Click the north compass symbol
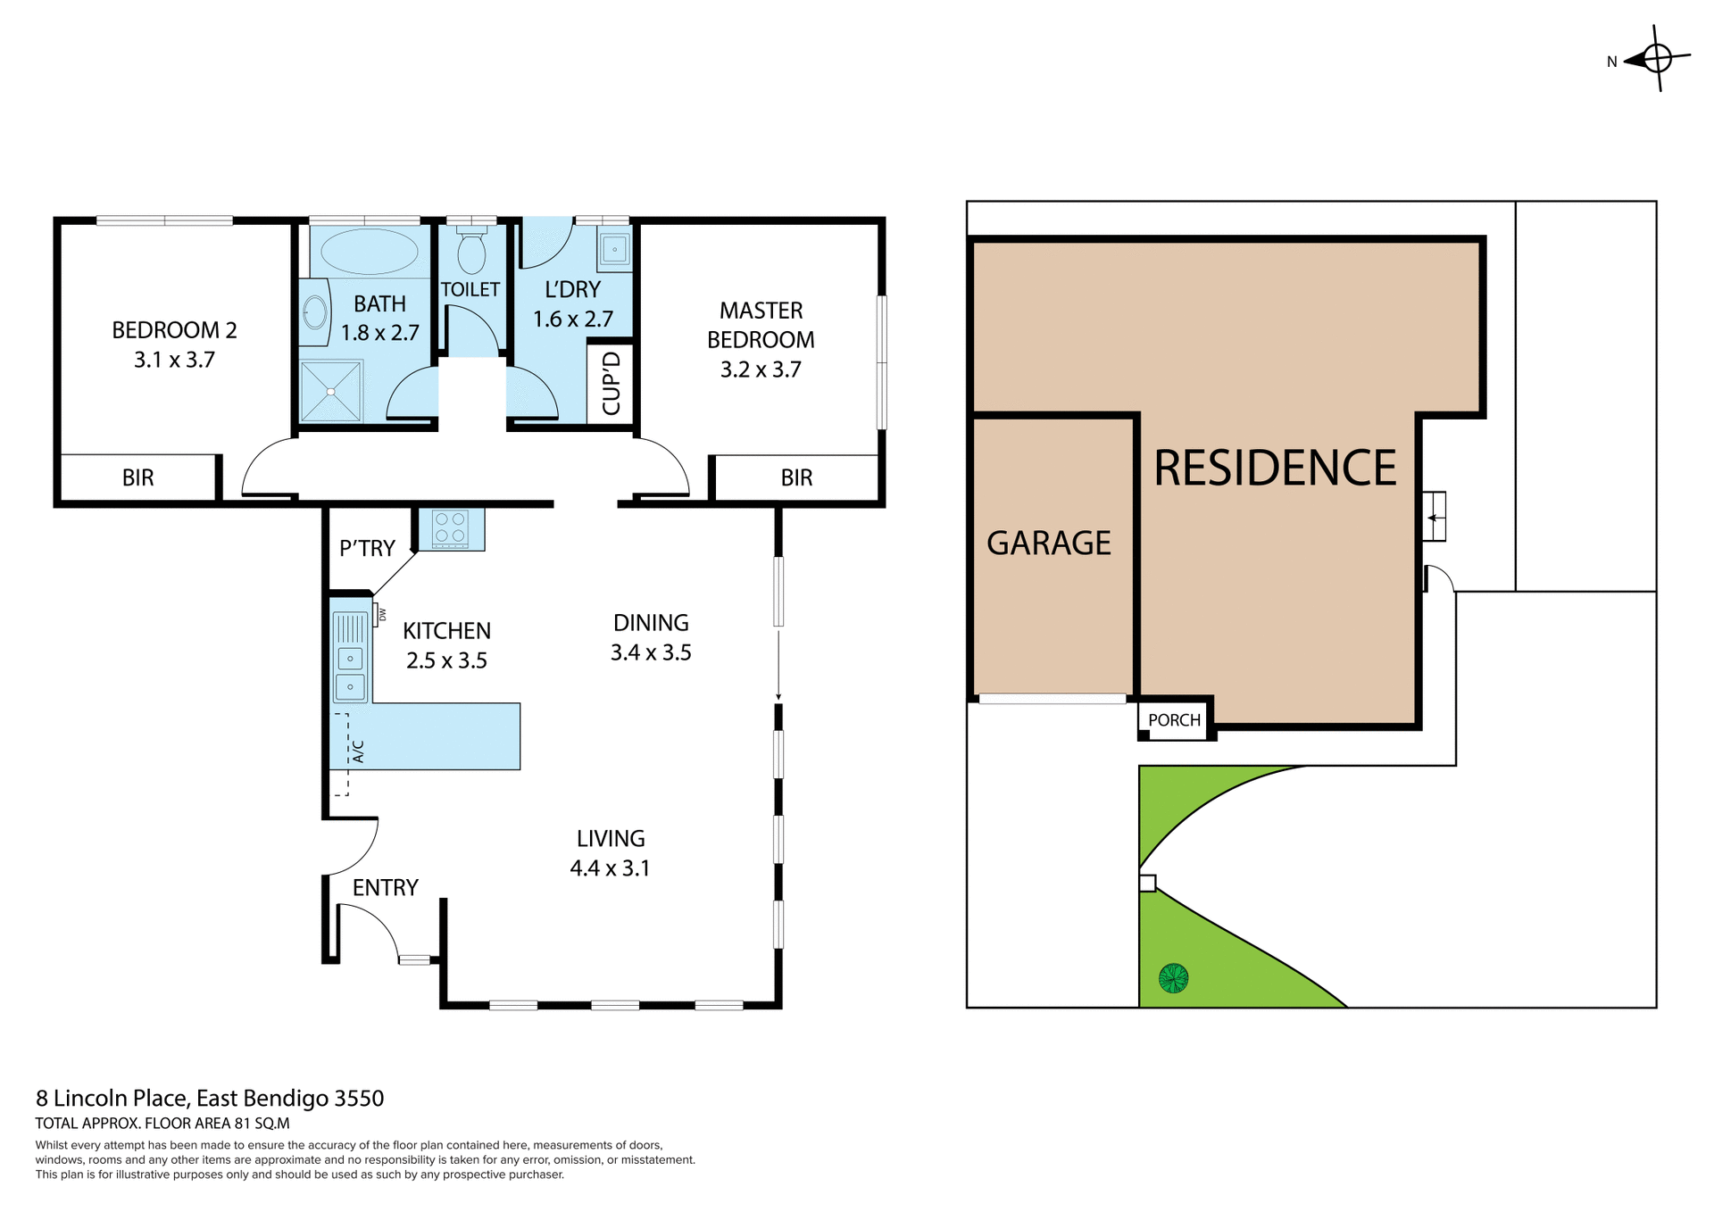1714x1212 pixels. (x=1656, y=59)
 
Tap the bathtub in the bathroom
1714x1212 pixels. (x=369, y=251)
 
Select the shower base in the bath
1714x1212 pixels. (x=331, y=391)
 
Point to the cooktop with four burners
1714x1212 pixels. (x=450, y=527)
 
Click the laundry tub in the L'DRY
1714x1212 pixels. (x=615, y=249)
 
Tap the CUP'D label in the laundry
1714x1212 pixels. (x=612, y=383)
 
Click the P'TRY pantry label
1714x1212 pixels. (x=367, y=548)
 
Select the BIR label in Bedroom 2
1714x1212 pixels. (x=138, y=477)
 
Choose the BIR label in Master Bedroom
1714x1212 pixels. (x=796, y=477)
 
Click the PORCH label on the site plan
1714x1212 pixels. (x=1174, y=720)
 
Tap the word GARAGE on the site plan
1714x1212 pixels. (x=1049, y=543)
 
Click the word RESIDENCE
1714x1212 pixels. (x=1275, y=468)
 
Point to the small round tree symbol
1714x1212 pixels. (x=1173, y=978)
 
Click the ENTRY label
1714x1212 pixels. (x=385, y=887)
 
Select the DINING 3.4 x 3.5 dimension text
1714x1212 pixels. (x=651, y=652)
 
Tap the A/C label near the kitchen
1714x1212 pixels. (x=359, y=751)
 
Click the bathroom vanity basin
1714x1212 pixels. (x=314, y=312)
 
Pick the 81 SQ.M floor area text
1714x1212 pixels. (x=262, y=1124)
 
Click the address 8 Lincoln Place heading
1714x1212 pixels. (x=210, y=1098)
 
